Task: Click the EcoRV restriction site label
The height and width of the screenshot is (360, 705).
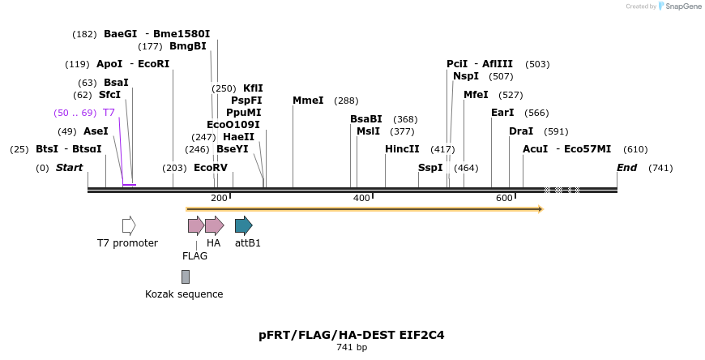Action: pos(211,168)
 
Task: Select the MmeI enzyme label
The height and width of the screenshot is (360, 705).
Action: pos(308,101)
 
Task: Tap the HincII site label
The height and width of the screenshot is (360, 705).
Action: pos(402,149)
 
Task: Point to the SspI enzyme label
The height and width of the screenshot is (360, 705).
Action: pos(430,168)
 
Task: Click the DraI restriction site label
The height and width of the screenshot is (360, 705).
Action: pos(521,131)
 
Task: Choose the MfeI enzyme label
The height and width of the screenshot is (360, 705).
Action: pos(476,95)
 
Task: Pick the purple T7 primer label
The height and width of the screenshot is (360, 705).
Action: pos(109,113)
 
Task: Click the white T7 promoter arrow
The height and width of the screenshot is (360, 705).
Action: pos(129,225)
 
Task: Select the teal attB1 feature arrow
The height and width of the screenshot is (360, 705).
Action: pos(243,225)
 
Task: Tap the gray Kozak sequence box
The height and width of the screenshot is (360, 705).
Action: pos(186,276)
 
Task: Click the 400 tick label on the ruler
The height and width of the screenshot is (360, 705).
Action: pos(362,199)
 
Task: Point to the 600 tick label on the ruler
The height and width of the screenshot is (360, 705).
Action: pos(504,199)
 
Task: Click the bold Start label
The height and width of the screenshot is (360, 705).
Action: pos(69,168)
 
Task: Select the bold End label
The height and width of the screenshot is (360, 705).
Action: pos(626,168)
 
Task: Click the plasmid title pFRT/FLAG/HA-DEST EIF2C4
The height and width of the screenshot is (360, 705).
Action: pos(352,334)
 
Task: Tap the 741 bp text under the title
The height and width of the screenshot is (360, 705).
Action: pos(352,348)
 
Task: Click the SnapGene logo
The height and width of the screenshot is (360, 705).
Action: pos(677,6)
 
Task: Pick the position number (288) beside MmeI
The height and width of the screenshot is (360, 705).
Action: pos(346,101)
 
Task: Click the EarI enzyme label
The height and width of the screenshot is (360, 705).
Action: pos(502,113)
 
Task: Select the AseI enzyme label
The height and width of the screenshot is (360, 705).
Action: pos(96,131)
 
